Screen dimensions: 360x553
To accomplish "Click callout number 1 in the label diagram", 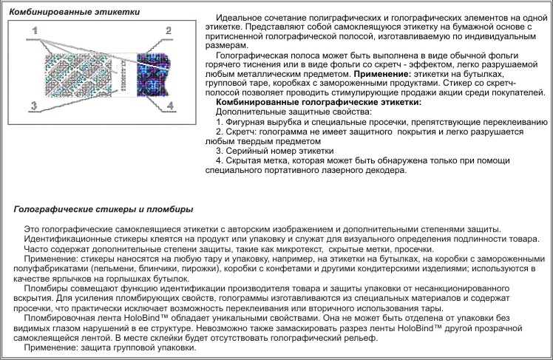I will (35, 32).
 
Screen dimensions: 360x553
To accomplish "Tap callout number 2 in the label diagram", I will (169, 31).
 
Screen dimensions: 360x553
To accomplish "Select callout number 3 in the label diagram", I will (33, 106).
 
